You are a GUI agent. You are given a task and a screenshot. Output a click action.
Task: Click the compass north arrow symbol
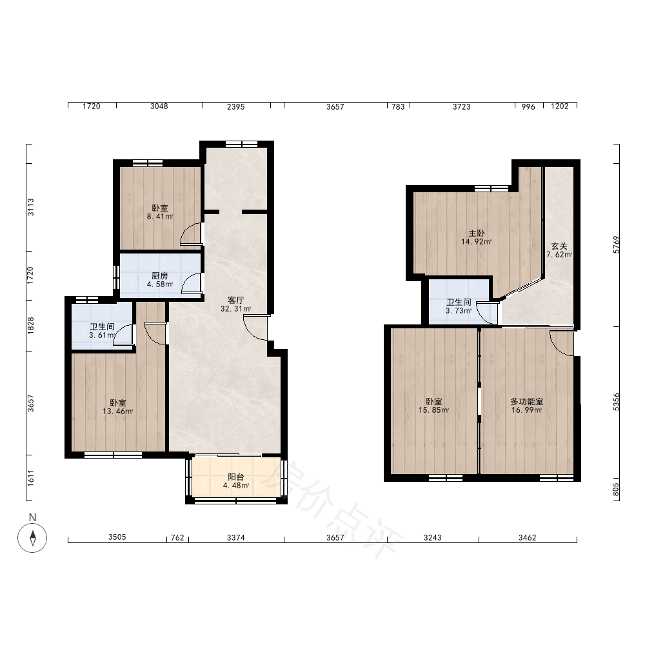[32, 538]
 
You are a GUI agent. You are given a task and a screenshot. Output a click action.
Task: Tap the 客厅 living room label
[235, 300]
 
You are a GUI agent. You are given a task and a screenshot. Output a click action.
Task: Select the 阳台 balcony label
[235, 477]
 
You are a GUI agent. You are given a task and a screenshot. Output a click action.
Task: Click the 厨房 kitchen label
[159, 275]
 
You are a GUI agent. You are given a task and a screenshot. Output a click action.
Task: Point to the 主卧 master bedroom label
[477, 233]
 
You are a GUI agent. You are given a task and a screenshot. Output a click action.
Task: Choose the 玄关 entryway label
[559, 246]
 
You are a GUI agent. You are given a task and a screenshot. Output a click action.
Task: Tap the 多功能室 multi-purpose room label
[526, 401]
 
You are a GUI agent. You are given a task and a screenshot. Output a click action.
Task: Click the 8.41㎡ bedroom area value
[159, 216]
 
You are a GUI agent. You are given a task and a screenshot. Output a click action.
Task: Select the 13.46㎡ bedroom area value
[117, 411]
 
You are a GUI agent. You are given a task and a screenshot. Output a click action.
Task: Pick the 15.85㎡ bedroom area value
[433, 410]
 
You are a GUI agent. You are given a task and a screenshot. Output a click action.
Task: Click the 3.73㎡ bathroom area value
[459, 311]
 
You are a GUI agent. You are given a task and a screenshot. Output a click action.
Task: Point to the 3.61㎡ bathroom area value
[102, 335]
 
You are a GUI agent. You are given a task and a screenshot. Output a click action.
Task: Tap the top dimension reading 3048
[159, 106]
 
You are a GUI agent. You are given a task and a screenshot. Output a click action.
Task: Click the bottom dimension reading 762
[177, 538]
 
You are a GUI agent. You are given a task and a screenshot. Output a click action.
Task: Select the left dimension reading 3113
[30, 207]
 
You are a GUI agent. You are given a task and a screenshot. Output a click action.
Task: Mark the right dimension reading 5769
[616, 244]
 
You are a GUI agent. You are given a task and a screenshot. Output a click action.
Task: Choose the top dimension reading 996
[528, 106]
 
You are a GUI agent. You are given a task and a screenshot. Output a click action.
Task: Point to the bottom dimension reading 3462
[528, 538]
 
